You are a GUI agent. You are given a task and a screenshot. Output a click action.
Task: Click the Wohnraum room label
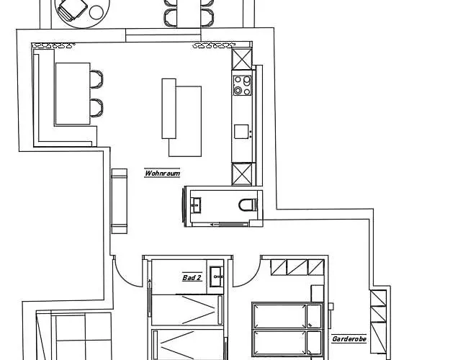(163, 173)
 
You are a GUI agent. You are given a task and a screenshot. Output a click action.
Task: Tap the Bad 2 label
(192, 277)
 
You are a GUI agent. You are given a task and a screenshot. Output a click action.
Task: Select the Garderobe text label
(349, 339)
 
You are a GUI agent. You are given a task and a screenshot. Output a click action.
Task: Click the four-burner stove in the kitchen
(243, 85)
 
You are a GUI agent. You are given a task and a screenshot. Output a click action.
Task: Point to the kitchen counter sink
(241, 132)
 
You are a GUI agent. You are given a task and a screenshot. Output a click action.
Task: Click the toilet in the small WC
(248, 204)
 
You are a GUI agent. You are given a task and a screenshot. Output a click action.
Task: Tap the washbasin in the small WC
(196, 204)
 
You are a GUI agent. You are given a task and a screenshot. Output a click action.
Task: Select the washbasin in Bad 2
(217, 276)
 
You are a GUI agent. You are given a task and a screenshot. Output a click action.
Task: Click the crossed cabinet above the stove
(241, 59)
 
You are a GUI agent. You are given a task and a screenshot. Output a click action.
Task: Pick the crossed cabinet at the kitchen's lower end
(241, 174)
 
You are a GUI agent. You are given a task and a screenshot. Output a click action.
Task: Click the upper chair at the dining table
(96, 79)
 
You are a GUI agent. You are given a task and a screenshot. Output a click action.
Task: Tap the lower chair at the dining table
(96, 108)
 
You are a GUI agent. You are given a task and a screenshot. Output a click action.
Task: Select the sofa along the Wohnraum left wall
(120, 201)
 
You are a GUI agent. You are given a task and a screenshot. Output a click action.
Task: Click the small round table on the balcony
(96, 12)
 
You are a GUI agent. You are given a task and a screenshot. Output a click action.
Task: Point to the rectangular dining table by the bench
(73, 94)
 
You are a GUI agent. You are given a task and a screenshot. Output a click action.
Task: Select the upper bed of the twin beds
(287, 316)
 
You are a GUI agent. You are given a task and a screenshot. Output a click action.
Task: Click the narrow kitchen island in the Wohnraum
(169, 108)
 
